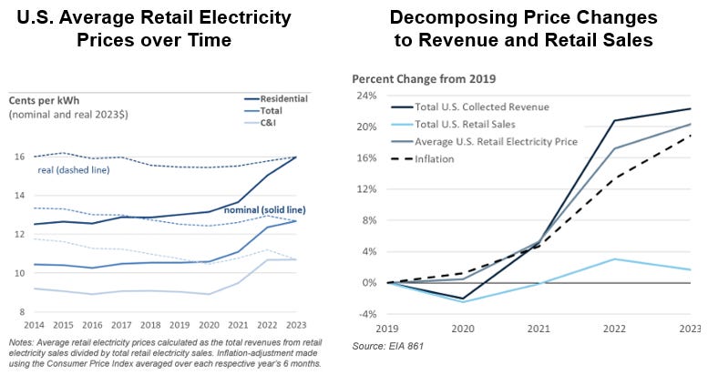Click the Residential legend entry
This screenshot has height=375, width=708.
click(x=283, y=97)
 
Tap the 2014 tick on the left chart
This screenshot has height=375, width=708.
click(x=35, y=325)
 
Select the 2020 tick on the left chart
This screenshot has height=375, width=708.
click(x=210, y=325)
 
